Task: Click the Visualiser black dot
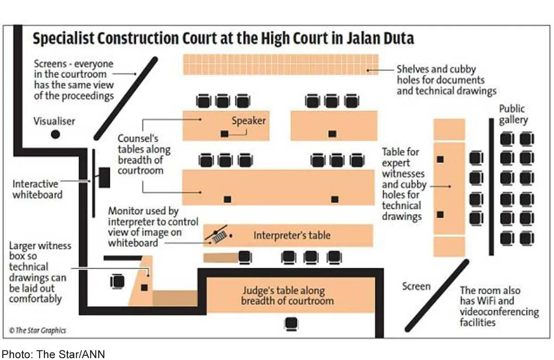point(55,134)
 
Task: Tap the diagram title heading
point(223,38)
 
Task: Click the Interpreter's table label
point(292,235)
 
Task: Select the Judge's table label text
point(287,296)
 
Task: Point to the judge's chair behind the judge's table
point(291,324)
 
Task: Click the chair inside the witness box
point(118,281)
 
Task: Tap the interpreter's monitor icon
point(219,235)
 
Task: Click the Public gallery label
point(512,114)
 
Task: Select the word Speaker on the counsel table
point(248,121)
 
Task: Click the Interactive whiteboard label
point(37,189)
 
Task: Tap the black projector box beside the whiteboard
point(104,177)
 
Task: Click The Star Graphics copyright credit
point(37,330)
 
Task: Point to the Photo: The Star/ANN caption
point(54,354)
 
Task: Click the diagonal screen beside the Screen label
point(436,295)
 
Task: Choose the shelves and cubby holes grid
point(281,65)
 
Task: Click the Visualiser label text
point(54,121)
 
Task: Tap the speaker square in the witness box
point(145,287)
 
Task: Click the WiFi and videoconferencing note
point(499,306)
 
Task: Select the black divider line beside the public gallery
point(491,186)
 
